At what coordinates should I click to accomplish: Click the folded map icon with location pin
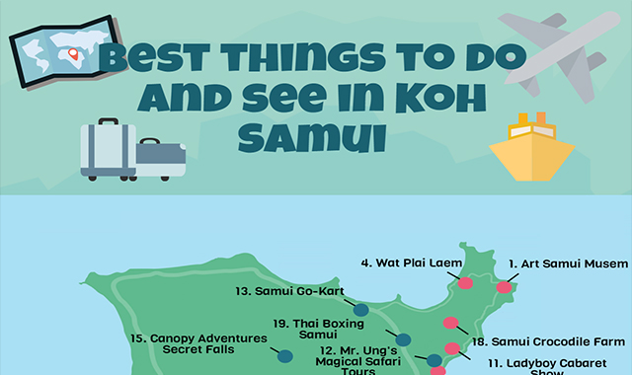pos(59,48)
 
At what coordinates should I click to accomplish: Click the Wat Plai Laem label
pos(405,263)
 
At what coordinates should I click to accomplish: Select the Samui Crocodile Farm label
pos(548,340)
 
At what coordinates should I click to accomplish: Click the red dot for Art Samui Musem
pos(506,287)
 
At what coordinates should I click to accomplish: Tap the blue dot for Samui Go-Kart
pos(360,309)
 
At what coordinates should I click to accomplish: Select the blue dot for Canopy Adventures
pos(284,355)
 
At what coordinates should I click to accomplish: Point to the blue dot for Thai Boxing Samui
pos(402,339)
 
